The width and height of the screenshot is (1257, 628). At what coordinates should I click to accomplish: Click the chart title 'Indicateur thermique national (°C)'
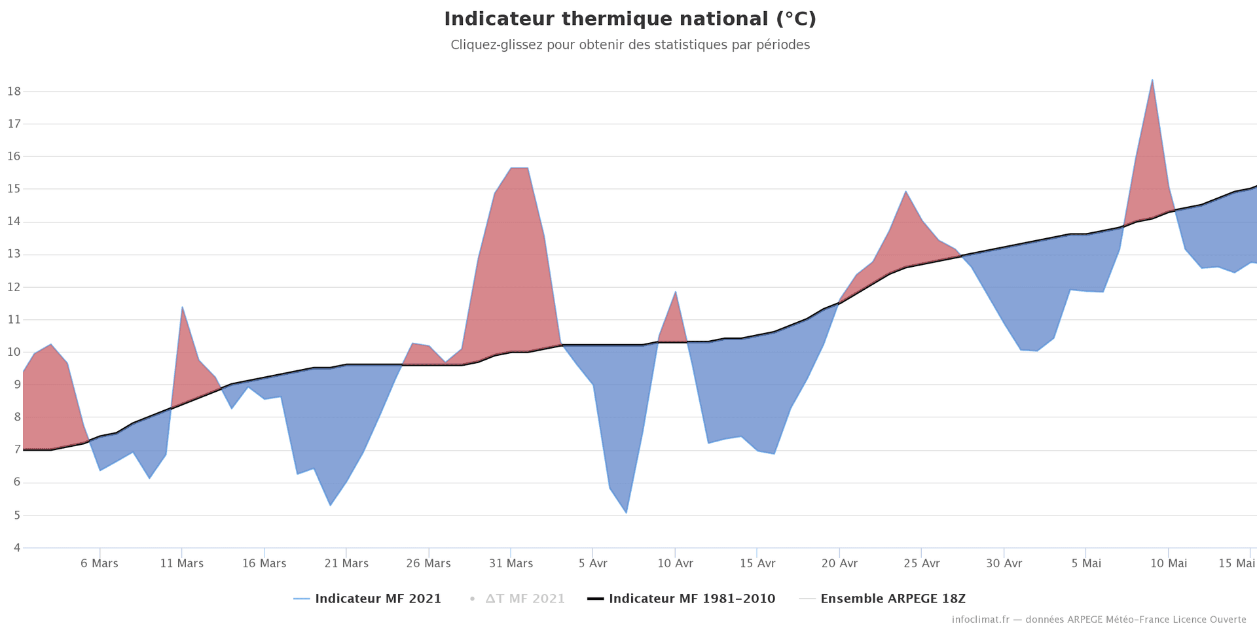click(x=630, y=20)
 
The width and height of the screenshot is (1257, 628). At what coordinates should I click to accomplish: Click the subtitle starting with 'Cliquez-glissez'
click(x=630, y=45)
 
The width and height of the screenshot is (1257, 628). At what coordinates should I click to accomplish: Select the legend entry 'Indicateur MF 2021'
click(x=378, y=599)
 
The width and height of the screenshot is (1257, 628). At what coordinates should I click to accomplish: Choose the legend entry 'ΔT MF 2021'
click(x=524, y=599)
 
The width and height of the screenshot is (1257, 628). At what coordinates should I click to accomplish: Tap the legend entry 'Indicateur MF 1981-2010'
click(x=691, y=599)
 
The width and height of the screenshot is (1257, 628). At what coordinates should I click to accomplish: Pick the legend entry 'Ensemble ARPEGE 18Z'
click(x=892, y=599)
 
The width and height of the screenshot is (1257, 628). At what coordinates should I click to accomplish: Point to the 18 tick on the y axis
click(x=14, y=92)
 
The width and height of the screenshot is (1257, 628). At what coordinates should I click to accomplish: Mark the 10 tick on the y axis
click(x=14, y=353)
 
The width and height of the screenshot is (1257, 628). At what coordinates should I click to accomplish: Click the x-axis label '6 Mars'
click(x=100, y=563)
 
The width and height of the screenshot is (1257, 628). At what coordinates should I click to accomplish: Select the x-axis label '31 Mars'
click(x=511, y=563)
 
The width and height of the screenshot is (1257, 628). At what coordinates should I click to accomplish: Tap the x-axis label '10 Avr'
click(x=675, y=563)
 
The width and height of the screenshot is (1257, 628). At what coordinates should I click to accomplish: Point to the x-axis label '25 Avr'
click(x=922, y=563)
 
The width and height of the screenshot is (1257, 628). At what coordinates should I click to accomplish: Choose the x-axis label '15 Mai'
click(x=1236, y=563)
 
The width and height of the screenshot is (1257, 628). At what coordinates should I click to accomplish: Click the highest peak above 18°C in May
click(x=1152, y=80)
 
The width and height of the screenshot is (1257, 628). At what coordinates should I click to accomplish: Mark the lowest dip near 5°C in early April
click(x=626, y=512)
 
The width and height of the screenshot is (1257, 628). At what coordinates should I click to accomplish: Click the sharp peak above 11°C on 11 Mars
click(x=182, y=307)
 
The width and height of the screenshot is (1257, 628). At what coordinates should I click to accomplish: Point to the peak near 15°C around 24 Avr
click(x=905, y=192)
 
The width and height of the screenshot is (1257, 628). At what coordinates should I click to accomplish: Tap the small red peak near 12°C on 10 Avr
click(x=675, y=292)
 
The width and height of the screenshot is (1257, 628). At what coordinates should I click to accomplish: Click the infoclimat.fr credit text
click(x=1099, y=619)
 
